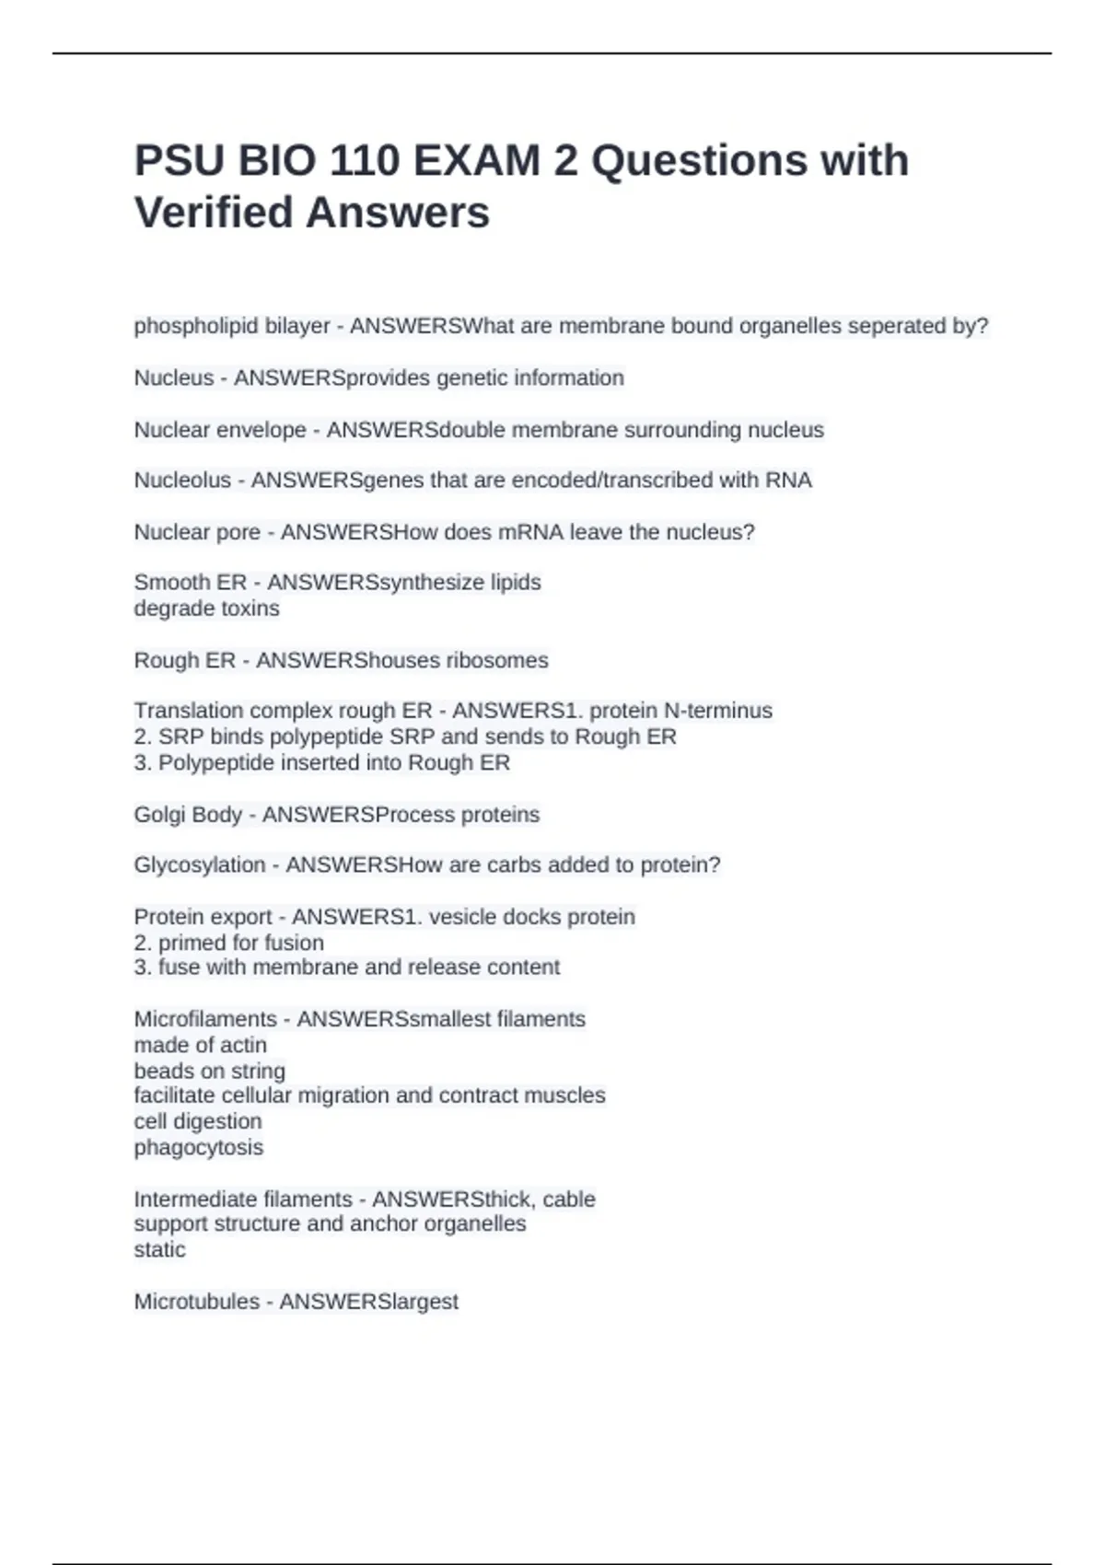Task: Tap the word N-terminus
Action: click(718, 711)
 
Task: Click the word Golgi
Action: click(158, 815)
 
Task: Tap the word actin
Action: click(247, 1045)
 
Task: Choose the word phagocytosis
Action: click(199, 1148)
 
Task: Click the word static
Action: click(159, 1250)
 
